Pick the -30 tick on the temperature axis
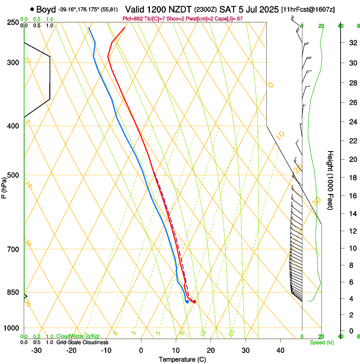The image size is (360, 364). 36,350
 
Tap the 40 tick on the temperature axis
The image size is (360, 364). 280,350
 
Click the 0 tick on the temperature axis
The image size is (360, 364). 141,350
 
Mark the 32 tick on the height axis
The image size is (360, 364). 352,43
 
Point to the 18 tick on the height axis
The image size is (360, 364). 352,178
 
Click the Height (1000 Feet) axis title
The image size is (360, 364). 330,180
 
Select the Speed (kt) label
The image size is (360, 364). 321,342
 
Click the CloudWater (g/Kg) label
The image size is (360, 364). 72,336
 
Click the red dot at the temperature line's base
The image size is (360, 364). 194,302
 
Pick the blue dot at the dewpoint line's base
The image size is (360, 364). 187,302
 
